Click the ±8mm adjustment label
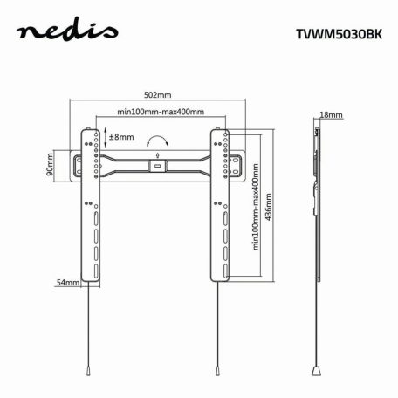click(x=120, y=137)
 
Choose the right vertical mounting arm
click(x=219, y=206)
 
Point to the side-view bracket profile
click(x=315, y=201)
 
